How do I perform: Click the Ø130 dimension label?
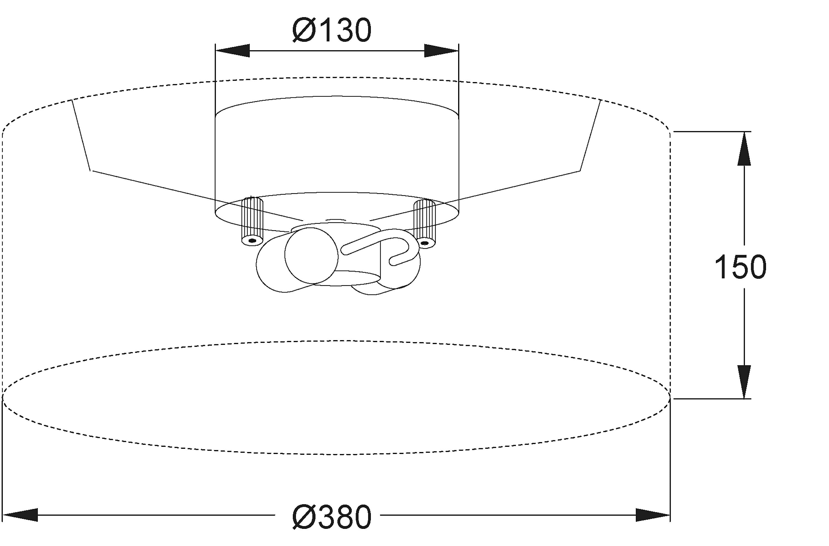point(332,30)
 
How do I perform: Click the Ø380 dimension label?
point(332,517)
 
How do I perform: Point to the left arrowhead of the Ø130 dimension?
point(233,51)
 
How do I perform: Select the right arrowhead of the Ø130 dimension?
point(441,51)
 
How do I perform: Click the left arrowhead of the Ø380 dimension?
point(20,515)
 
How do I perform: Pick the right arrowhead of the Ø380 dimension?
point(653,515)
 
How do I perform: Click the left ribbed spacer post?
point(252,221)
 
